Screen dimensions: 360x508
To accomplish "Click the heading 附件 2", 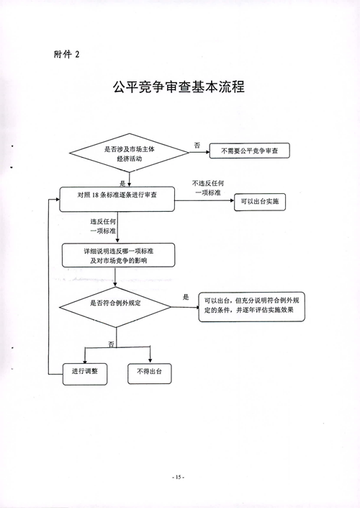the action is click(x=67, y=54).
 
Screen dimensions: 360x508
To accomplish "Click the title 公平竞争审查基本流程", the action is click(x=179, y=86).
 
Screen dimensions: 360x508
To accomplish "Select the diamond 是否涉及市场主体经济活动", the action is click(x=129, y=153).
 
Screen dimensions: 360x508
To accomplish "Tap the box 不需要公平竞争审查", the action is click(x=250, y=151).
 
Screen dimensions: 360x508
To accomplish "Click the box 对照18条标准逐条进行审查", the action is click(x=117, y=200).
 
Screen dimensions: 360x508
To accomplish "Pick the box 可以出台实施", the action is click(x=260, y=202).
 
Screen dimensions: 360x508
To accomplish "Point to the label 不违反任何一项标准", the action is click(x=208, y=188).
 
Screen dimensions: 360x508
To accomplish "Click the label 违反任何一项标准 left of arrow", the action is click(x=103, y=226).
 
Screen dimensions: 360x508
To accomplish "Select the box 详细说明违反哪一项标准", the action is click(x=119, y=255).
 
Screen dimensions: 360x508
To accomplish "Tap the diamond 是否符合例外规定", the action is click(x=115, y=307).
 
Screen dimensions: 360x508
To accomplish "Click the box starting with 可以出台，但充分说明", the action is click(x=251, y=307).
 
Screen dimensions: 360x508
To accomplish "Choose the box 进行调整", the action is click(x=85, y=374).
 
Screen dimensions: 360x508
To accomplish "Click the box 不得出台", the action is click(x=149, y=374).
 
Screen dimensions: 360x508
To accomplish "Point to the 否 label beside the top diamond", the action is click(x=197, y=145).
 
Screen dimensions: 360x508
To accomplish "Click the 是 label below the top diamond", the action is click(x=122, y=183).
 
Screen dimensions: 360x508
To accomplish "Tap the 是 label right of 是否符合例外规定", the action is click(x=186, y=297).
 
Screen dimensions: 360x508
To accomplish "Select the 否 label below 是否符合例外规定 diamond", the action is click(x=111, y=344).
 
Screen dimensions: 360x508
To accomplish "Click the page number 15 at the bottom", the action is click(x=178, y=477).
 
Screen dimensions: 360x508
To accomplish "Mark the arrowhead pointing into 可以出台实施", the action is click(x=232, y=200).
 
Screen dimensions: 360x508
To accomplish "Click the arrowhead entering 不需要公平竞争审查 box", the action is click(x=207, y=151).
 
